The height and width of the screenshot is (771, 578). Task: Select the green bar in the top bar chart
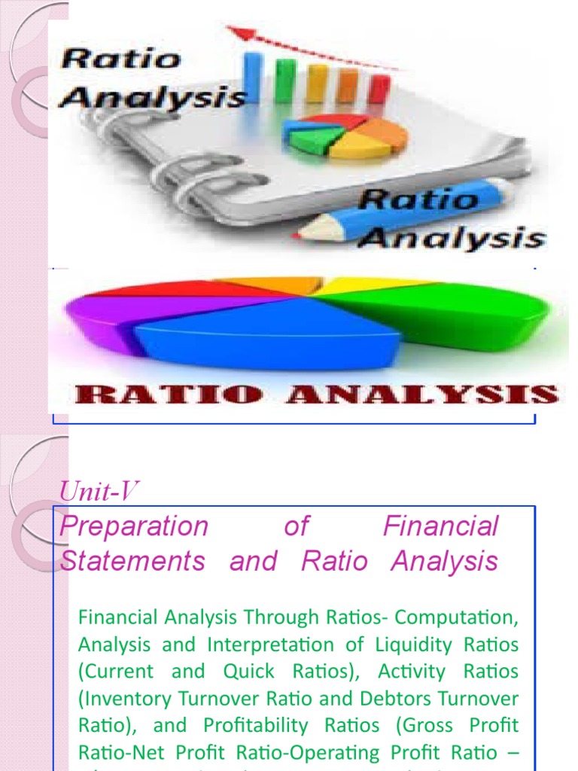click(x=285, y=81)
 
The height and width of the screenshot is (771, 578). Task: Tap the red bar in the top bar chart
click(x=379, y=89)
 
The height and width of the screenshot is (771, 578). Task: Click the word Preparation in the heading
click(x=133, y=526)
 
